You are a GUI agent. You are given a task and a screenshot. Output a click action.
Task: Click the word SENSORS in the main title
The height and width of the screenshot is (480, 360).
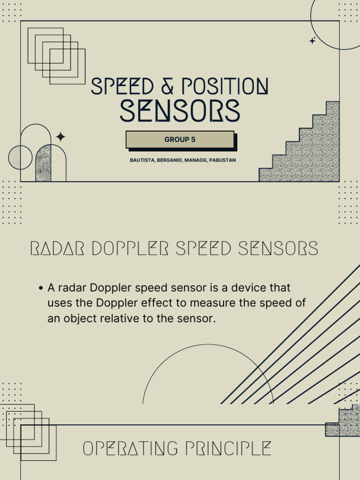180,111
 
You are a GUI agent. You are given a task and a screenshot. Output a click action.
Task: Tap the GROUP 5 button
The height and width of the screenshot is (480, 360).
180,140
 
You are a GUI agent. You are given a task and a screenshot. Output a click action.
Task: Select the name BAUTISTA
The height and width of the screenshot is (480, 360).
142,160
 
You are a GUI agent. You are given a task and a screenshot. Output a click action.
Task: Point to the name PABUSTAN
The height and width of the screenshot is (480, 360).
222,160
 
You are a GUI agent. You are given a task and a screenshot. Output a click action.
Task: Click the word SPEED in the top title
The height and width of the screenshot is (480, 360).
122,87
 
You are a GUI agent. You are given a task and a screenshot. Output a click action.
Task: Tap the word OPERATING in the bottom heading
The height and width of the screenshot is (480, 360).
130,449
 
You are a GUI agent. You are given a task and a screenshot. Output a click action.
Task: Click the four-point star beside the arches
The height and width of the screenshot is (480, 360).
60,137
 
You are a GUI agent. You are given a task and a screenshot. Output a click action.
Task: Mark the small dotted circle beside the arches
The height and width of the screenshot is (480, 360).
20,157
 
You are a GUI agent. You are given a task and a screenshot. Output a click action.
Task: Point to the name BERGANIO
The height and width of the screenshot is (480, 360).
170,160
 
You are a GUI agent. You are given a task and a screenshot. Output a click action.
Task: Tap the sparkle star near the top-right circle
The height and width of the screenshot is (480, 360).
313,41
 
